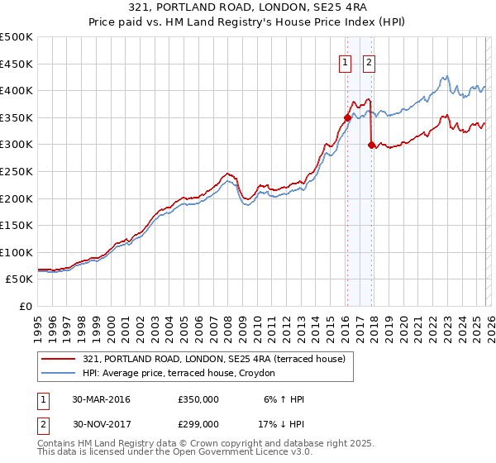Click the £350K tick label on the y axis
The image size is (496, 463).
coord(17,117)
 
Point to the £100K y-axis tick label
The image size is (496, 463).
coord(17,252)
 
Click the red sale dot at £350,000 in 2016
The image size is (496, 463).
coord(347,117)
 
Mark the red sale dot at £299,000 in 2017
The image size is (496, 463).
coord(371,145)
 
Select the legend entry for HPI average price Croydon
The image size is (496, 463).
coord(184,374)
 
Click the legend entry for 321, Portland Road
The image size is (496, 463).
coord(218,359)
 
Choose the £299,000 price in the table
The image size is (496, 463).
coord(198,423)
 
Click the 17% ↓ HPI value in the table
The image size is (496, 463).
coord(282,423)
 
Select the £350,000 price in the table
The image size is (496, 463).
coord(198,399)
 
